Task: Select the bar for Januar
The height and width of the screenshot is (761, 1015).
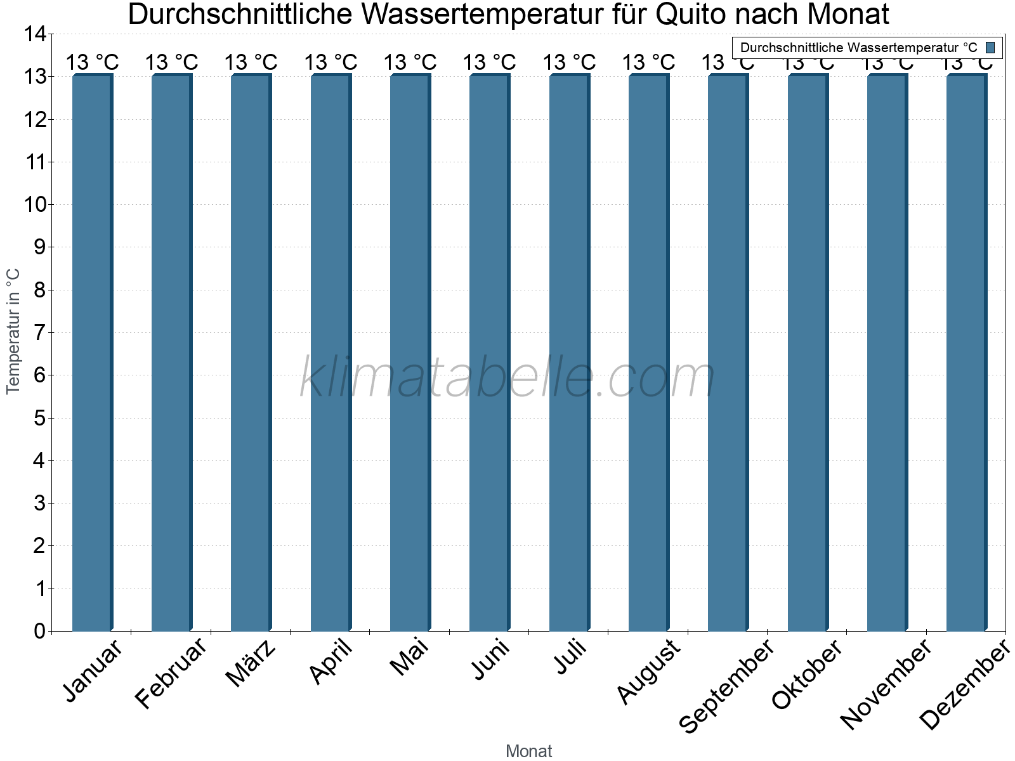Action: [x=92, y=353]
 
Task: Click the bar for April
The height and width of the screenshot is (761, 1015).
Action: [x=331, y=353]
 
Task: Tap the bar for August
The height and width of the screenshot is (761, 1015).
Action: [x=648, y=353]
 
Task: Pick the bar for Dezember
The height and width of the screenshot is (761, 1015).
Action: [x=966, y=353]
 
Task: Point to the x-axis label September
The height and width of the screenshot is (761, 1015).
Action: [x=727, y=686]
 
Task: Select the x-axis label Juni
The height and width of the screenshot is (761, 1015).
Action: [x=490, y=659]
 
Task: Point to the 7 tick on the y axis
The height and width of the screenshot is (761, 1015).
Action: [x=40, y=332]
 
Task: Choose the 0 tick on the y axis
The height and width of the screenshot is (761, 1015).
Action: [x=40, y=631]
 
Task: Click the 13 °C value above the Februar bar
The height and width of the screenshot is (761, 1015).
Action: [x=171, y=63]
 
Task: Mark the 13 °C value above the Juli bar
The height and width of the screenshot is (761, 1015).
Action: [x=569, y=63]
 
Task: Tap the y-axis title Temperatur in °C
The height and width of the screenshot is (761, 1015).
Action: [x=13, y=331]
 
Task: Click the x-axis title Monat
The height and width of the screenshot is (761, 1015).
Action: [x=528, y=751]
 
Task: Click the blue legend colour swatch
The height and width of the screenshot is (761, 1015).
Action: [x=990, y=48]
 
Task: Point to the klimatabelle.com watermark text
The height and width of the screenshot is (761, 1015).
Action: [x=507, y=378]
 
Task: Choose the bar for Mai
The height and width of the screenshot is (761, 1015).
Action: [x=410, y=353]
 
